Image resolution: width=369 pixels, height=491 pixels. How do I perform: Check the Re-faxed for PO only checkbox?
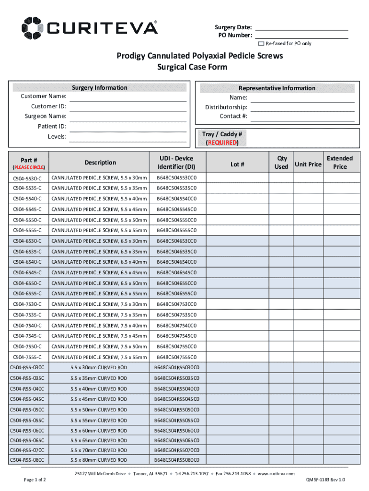[x=261, y=44]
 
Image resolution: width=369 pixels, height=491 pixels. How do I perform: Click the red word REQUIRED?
[x=221, y=142]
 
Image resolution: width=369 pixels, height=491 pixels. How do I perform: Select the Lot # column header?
[x=237, y=164]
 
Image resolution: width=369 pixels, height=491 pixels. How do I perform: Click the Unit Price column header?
[x=308, y=164]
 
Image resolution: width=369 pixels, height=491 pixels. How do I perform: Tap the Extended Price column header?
[x=340, y=162]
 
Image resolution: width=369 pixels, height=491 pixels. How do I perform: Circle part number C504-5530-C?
[x=27, y=178]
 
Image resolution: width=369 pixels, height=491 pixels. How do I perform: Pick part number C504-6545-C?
[x=27, y=272]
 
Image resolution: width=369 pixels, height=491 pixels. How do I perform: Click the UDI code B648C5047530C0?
[x=177, y=304]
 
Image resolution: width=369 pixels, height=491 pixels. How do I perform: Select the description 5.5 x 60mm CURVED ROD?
[x=99, y=431]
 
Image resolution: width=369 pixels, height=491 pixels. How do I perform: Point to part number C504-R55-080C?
[x=27, y=460]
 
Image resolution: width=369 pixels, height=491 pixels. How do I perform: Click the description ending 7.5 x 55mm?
[x=99, y=357]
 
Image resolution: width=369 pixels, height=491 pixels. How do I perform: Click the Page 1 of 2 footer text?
[x=35, y=479]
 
